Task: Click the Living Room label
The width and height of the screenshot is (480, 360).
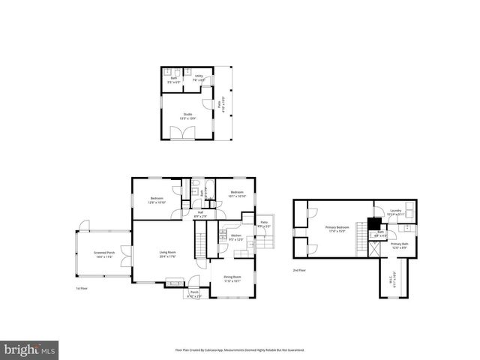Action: [x=167, y=253]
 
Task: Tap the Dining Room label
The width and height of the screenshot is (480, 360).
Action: [x=232, y=278]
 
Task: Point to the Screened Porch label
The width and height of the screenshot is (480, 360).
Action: [x=104, y=254]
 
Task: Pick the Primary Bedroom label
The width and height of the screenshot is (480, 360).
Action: [x=337, y=228]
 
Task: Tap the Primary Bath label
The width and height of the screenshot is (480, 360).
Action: [x=399, y=245]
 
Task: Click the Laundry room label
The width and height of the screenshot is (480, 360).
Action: [x=396, y=212]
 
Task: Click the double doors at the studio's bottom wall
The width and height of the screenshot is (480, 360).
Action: [x=181, y=132]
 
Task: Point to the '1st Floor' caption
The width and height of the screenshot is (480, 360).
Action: [x=82, y=288]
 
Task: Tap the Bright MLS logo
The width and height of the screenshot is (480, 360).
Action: [x=30, y=349]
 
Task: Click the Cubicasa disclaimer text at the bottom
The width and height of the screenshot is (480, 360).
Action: [x=240, y=349]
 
